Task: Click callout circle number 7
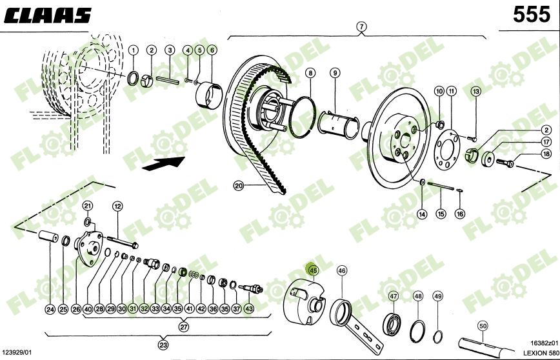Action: tap(361, 26)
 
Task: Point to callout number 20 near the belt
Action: tap(239, 186)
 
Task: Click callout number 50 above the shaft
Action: tap(483, 326)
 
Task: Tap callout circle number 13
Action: tap(476, 91)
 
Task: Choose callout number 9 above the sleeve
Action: tap(335, 73)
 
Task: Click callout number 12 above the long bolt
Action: tap(117, 206)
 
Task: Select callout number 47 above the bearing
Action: tap(393, 296)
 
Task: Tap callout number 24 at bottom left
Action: tap(50, 309)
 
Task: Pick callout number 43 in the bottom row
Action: tap(248, 309)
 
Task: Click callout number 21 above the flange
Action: tap(88, 205)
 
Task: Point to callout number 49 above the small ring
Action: tap(438, 296)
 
